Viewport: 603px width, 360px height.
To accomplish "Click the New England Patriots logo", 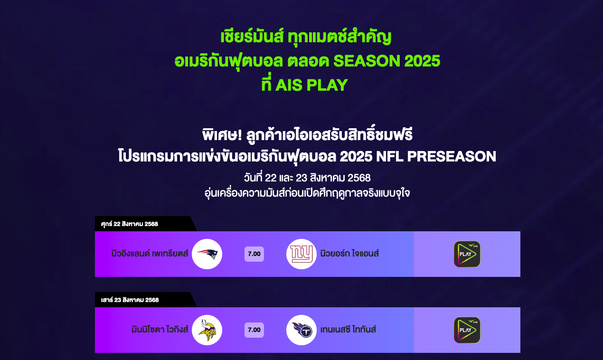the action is coord(207,254).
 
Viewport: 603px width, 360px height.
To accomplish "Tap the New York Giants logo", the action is coord(301,254).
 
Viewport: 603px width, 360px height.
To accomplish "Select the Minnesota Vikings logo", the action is coord(207,330).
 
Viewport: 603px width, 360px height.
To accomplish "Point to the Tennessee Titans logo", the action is coord(301,330).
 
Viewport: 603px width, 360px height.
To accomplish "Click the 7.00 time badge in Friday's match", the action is coord(254,254).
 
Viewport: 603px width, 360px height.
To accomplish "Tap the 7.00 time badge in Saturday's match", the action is coord(254,330).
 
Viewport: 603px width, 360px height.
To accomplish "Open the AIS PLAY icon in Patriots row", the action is coord(467,254).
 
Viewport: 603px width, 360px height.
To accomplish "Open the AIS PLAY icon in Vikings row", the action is coord(467,330).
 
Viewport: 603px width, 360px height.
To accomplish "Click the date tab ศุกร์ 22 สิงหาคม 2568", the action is coord(130,224).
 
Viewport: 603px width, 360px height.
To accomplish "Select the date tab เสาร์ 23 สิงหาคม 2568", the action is coord(130,300).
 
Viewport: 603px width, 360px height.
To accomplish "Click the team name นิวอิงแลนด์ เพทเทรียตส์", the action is coord(150,254).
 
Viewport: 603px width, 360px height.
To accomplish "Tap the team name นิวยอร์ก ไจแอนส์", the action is coord(349,254).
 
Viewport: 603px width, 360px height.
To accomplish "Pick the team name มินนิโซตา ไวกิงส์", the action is coord(160,330).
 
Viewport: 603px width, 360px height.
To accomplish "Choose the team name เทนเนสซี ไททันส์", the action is coord(348,330).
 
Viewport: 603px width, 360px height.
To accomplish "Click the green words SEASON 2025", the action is coord(386,61).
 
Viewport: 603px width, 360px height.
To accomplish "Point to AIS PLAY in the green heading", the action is coord(311,85).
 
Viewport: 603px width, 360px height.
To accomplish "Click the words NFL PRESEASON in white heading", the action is coord(436,156).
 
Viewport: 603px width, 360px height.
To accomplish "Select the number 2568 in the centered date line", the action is coord(359,178).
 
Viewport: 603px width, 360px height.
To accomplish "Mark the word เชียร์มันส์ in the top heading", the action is coord(252,37).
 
